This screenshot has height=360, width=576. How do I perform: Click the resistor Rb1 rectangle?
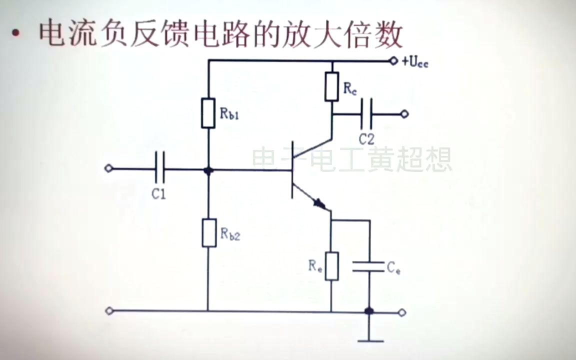[x=208, y=113]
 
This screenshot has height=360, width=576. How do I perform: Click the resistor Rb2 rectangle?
[x=208, y=232]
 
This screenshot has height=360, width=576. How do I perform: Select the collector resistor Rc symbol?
[x=331, y=86]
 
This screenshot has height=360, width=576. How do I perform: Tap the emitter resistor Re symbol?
[x=331, y=266]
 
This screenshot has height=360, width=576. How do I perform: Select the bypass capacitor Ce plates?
[x=368, y=266]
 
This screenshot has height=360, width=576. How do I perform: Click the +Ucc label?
[x=414, y=62]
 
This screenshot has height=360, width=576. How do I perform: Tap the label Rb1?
[x=229, y=113]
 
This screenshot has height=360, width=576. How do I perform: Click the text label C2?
[x=366, y=138]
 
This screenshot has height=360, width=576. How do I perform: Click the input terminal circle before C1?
[x=108, y=168]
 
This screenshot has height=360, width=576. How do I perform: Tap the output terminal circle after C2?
[x=404, y=114]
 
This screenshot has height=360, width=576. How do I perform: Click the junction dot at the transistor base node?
[x=208, y=170]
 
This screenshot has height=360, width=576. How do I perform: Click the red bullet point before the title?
[x=17, y=35]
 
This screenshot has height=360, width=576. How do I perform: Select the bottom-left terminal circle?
[x=109, y=311]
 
